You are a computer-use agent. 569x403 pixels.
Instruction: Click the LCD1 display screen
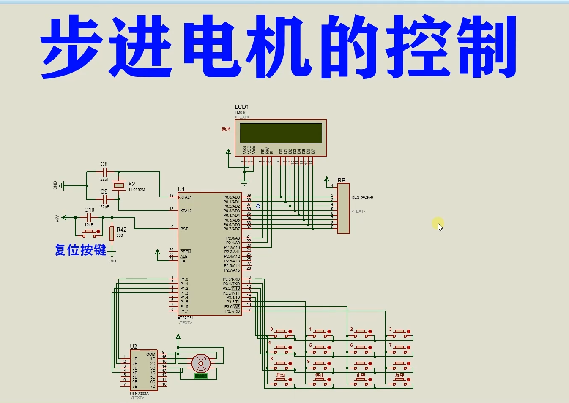pyautogui.click(x=281, y=133)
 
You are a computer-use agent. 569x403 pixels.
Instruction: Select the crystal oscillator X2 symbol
pyautogui.click(x=119, y=185)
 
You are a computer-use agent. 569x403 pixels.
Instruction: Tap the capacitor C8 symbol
pyautogui.click(x=104, y=172)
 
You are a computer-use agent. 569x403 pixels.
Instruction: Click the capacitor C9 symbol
pyautogui.click(x=104, y=199)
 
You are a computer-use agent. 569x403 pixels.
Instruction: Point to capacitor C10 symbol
pyautogui.click(x=89, y=218)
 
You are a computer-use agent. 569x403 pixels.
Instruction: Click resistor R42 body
pyautogui.click(x=112, y=233)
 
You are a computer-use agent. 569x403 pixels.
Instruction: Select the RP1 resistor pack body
pyautogui.click(x=343, y=208)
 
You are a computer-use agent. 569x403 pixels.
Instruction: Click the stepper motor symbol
pyautogui.click(x=201, y=363)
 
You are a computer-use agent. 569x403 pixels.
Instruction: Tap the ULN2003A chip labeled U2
pyautogui.click(x=144, y=370)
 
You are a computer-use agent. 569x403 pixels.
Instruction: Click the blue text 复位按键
pyautogui.click(x=80, y=250)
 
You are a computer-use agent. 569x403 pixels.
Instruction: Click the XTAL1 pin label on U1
pyautogui.click(x=186, y=197)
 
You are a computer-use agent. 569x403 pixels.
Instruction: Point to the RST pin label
pyautogui.click(x=184, y=229)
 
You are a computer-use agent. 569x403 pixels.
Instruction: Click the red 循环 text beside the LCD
pyautogui.click(x=226, y=129)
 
